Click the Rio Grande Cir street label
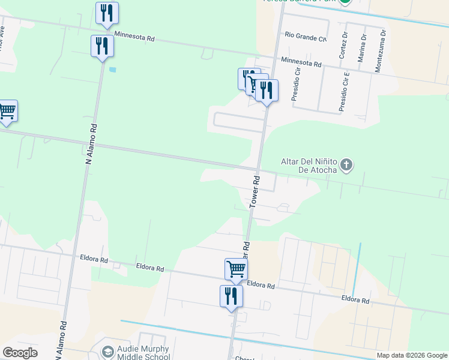tap(306, 38)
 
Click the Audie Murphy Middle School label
tap(143, 353)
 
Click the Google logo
tap(20, 353)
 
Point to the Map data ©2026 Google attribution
tap(412, 355)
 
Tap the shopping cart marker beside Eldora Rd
tap(236, 269)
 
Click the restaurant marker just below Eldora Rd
tap(231, 296)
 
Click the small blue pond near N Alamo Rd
tap(113, 69)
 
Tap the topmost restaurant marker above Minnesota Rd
tap(107, 13)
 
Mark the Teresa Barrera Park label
tap(297, 2)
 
